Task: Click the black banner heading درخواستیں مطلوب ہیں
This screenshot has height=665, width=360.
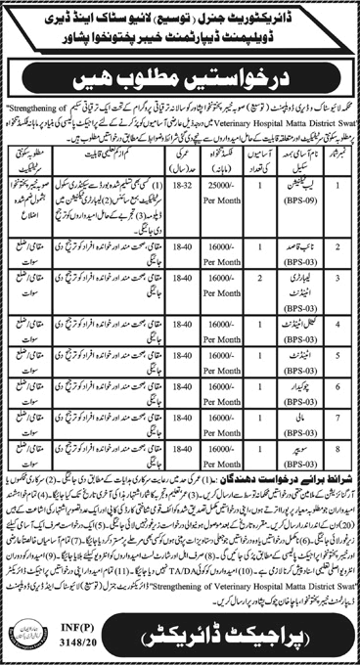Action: (x=180, y=75)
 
